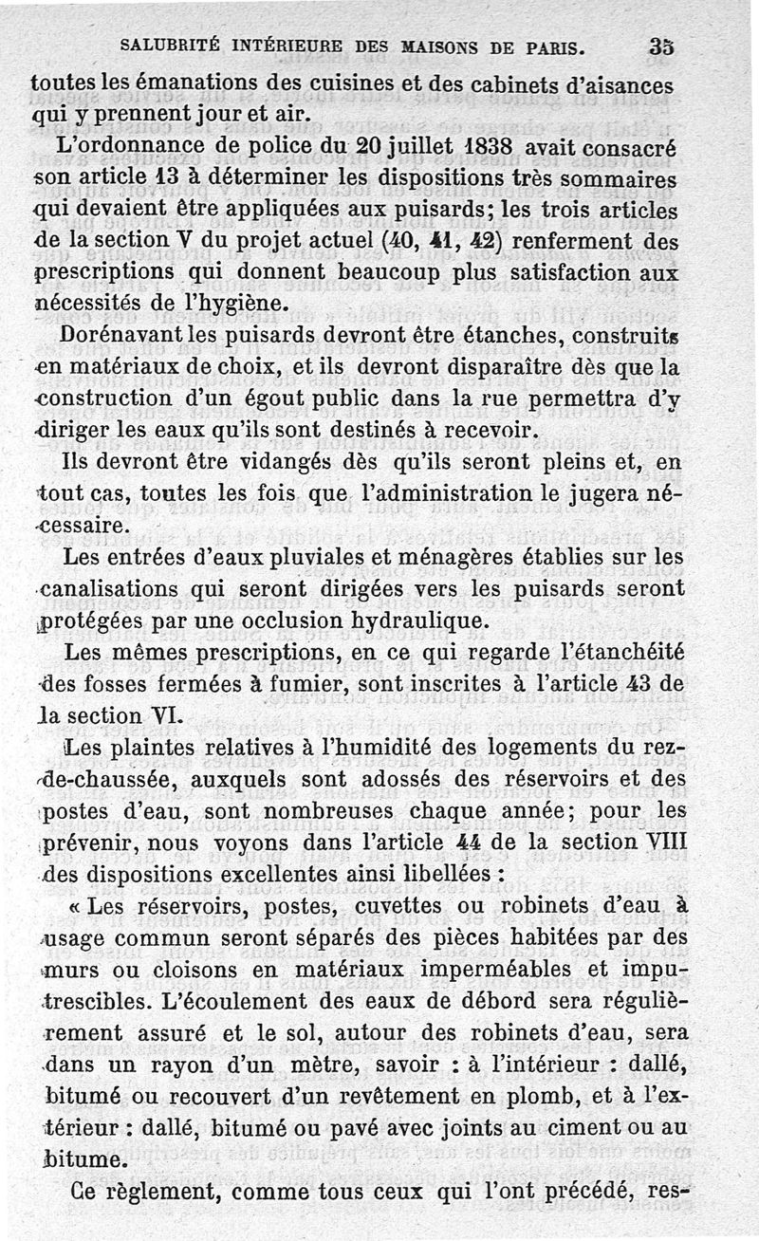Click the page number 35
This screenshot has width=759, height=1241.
click(x=661, y=46)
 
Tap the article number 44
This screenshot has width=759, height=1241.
click(x=466, y=843)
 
